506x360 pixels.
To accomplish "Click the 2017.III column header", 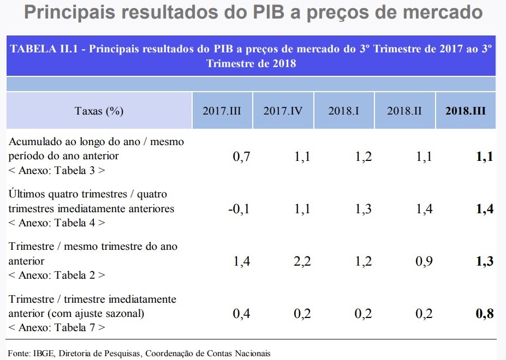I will [x=222, y=111].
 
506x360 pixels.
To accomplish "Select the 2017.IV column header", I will [x=283, y=111].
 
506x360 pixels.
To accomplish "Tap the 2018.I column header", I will [x=343, y=111].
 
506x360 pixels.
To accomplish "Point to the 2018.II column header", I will [x=404, y=111].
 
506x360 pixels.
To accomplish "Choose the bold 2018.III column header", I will [x=466, y=111].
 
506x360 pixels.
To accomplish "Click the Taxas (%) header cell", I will [x=99, y=111].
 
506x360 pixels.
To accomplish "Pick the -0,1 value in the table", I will [x=239, y=209].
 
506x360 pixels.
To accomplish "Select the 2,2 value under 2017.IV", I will [x=302, y=261].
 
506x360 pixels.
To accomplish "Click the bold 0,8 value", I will [x=484, y=314].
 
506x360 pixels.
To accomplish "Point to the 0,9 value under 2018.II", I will [x=424, y=261].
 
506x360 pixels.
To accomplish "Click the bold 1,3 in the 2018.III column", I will [x=484, y=261].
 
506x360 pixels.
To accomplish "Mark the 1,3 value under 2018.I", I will [x=363, y=209].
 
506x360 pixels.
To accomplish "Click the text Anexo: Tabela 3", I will [x=57, y=170].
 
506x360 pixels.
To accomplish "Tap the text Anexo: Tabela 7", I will [x=57, y=328].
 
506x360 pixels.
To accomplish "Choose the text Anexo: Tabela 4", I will [x=57, y=223].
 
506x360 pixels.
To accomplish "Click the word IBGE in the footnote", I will [x=41, y=353].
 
